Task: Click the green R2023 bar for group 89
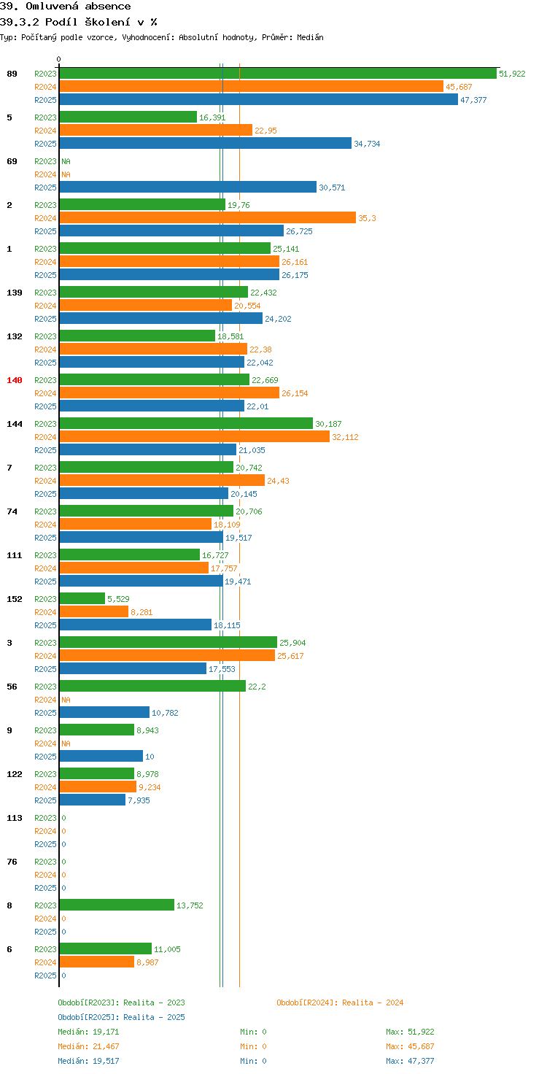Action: tap(278, 74)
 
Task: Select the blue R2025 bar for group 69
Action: tap(188, 187)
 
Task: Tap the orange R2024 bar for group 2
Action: tap(208, 217)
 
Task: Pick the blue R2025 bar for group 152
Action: tap(135, 625)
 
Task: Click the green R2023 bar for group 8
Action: tap(117, 905)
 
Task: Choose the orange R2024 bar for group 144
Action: tap(195, 436)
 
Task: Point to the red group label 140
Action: tap(15, 380)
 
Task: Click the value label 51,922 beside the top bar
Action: tap(512, 74)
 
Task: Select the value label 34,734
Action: tap(367, 144)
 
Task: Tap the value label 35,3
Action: tap(368, 218)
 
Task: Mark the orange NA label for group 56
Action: tap(66, 700)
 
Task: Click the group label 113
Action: tap(15, 818)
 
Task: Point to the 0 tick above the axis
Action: tap(58, 59)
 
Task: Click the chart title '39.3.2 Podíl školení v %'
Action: tap(79, 22)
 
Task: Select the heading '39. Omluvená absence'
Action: tap(65, 7)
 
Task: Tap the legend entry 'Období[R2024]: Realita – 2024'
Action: tap(340, 1002)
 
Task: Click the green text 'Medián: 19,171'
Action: tap(88, 1032)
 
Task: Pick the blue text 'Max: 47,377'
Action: tap(410, 1061)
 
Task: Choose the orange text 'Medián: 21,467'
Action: tap(88, 1046)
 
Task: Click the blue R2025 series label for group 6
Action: tap(45, 976)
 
